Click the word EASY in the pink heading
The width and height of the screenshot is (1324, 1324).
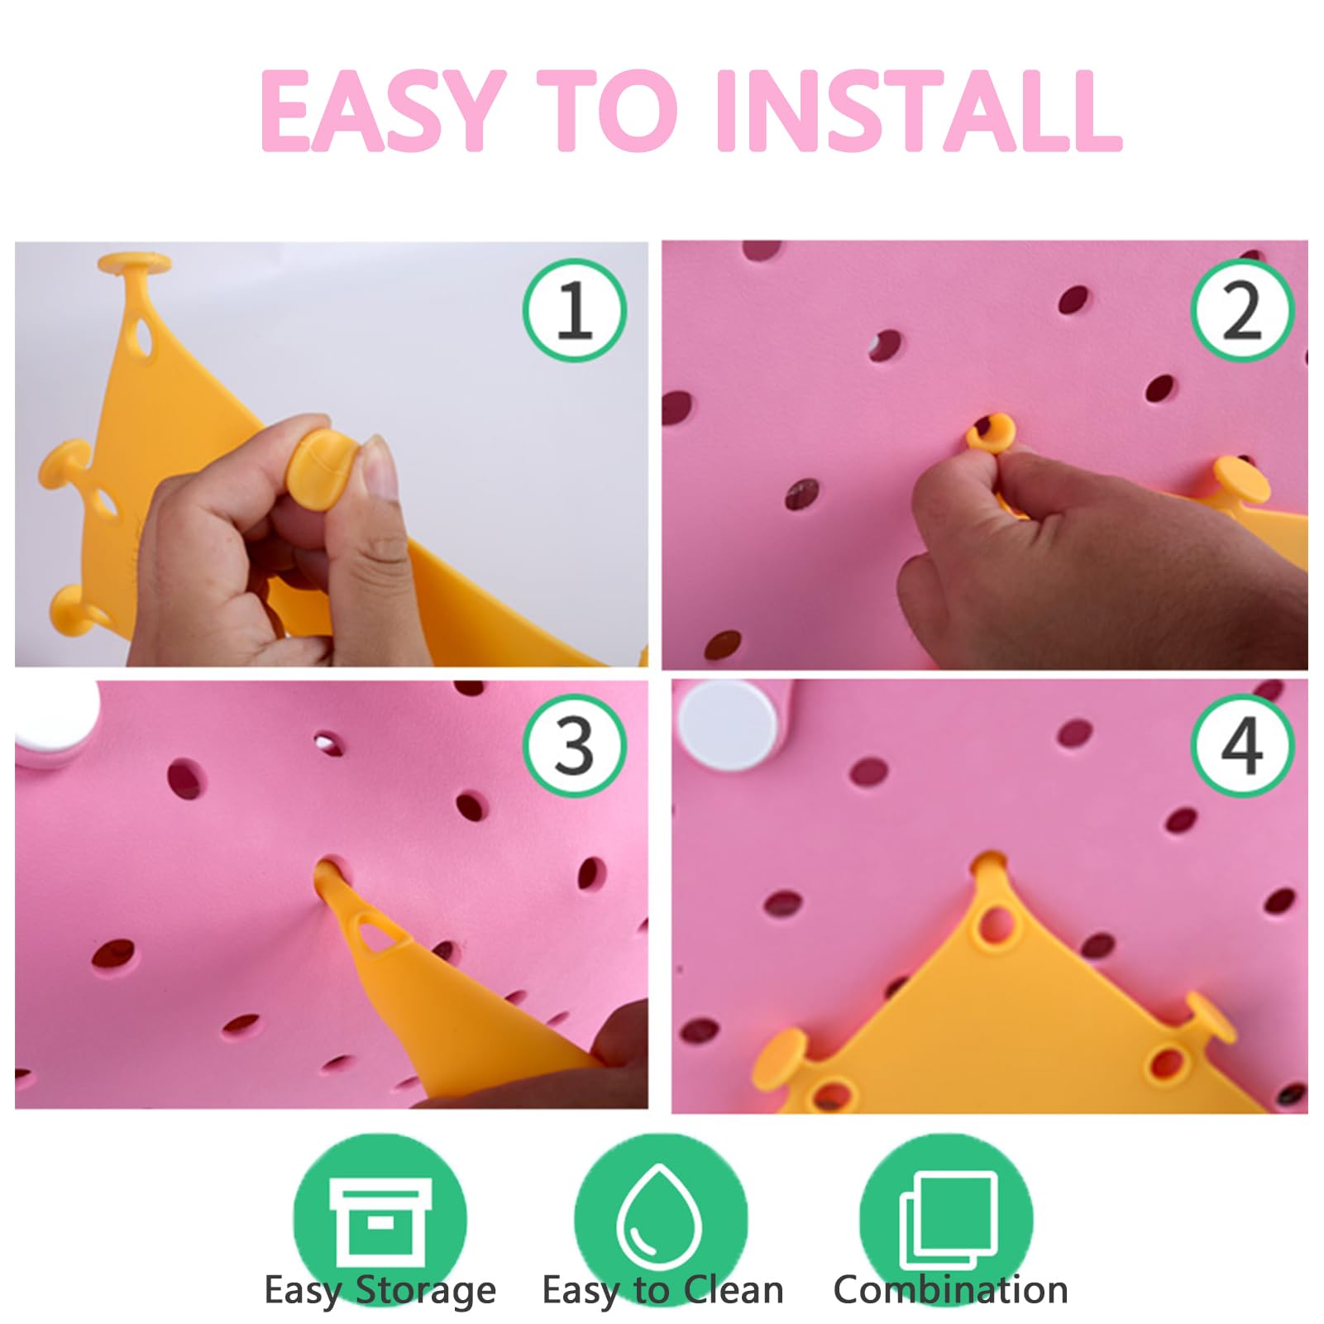(381, 111)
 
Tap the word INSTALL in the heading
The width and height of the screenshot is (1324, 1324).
(918, 111)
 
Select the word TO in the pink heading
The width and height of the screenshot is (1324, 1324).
(608, 111)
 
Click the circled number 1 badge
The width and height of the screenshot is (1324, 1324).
(575, 309)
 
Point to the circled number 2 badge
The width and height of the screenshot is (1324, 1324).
(1242, 309)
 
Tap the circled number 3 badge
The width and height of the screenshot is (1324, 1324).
(575, 746)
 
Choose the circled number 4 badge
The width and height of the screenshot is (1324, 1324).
(1242, 746)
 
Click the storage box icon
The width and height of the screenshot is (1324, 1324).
(380, 1221)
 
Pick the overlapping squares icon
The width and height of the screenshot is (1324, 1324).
(949, 1219)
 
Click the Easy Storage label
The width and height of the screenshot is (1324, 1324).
(380, 1291)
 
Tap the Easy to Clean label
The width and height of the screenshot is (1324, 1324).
(662, 1290)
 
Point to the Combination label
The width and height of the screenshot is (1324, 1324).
(950, 1290)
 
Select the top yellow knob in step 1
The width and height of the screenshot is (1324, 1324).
(135, 265)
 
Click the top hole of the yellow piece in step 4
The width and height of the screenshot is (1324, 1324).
(997, 922)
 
